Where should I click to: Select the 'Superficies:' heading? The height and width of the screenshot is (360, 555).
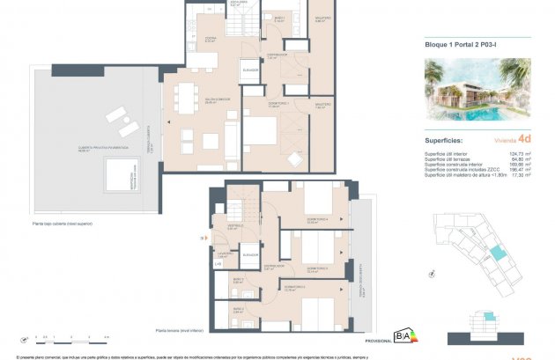click(446, 137)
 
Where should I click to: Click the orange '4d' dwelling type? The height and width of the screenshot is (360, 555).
click(525, 137)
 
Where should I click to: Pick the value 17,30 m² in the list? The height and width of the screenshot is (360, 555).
click(525, 175)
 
